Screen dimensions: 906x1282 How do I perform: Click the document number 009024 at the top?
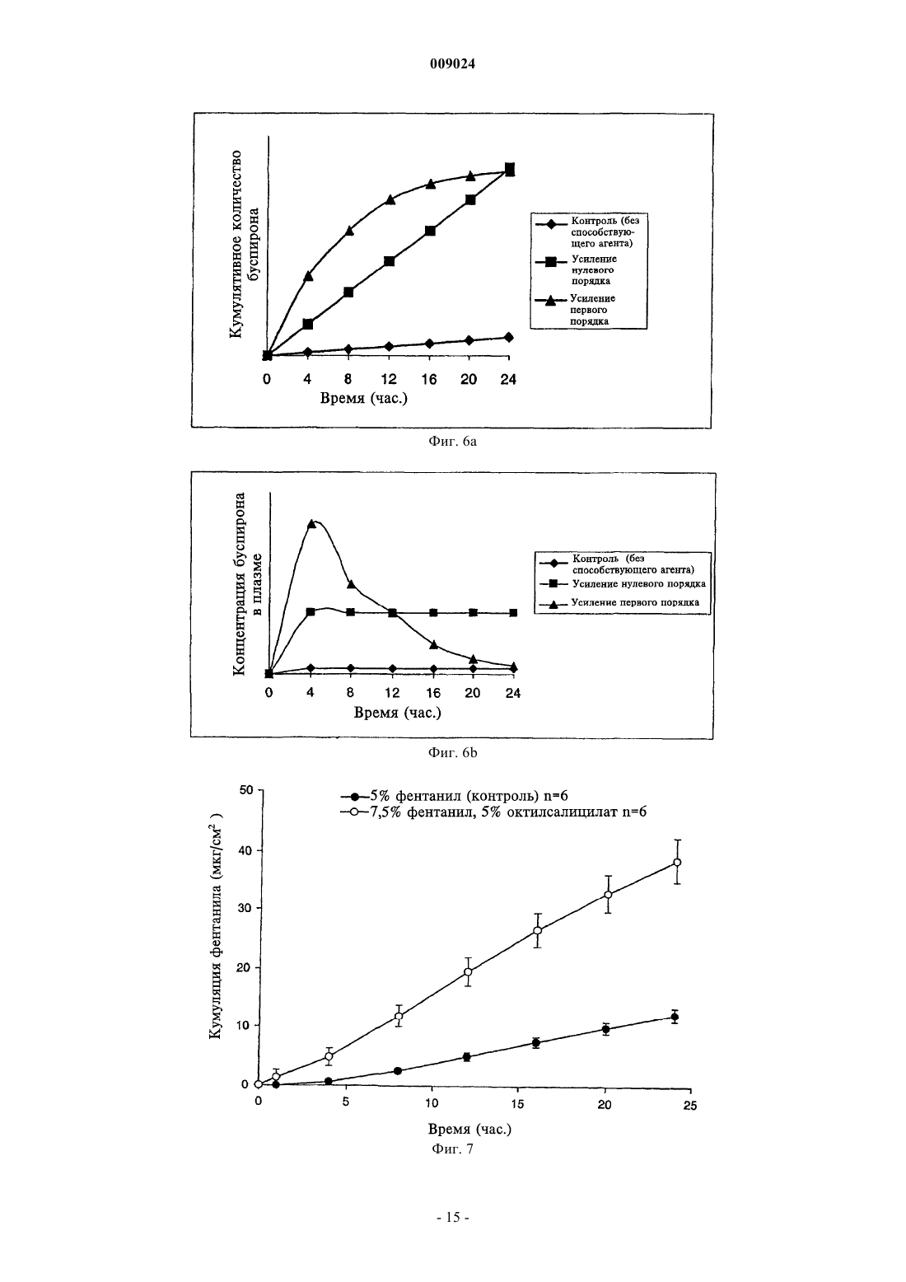tap(452, 64)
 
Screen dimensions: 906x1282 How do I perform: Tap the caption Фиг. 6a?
tap(452, 442)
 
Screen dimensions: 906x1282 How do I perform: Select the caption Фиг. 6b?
tap(452, 753)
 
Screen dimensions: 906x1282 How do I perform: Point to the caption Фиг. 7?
tap(452, 1149)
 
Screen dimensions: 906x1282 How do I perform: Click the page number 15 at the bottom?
tap(453, 1218)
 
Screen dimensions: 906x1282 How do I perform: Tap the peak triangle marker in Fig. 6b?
tap(311, 524)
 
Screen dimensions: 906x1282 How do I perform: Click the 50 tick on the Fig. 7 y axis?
tap(245, 790)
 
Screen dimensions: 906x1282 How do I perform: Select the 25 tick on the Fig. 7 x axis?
tap(690, 1106)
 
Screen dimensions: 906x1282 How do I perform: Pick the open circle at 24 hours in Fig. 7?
tap(677, 862)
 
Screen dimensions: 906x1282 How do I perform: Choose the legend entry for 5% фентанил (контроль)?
tap(454, 796)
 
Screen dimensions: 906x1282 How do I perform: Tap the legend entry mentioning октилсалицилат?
tap(493, 812)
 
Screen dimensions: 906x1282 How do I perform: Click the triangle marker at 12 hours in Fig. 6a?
tap(390, 199)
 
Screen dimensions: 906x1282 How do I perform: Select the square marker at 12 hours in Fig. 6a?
tap(390, 261)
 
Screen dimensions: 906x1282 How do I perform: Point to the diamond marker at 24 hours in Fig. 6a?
tap(509, 337)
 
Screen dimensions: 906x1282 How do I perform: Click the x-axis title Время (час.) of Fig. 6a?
tap(364, 398)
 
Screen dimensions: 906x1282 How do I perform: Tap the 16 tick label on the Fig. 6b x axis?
tap(433, 693)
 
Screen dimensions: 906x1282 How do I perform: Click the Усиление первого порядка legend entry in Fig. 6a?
tap(576, 310)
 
